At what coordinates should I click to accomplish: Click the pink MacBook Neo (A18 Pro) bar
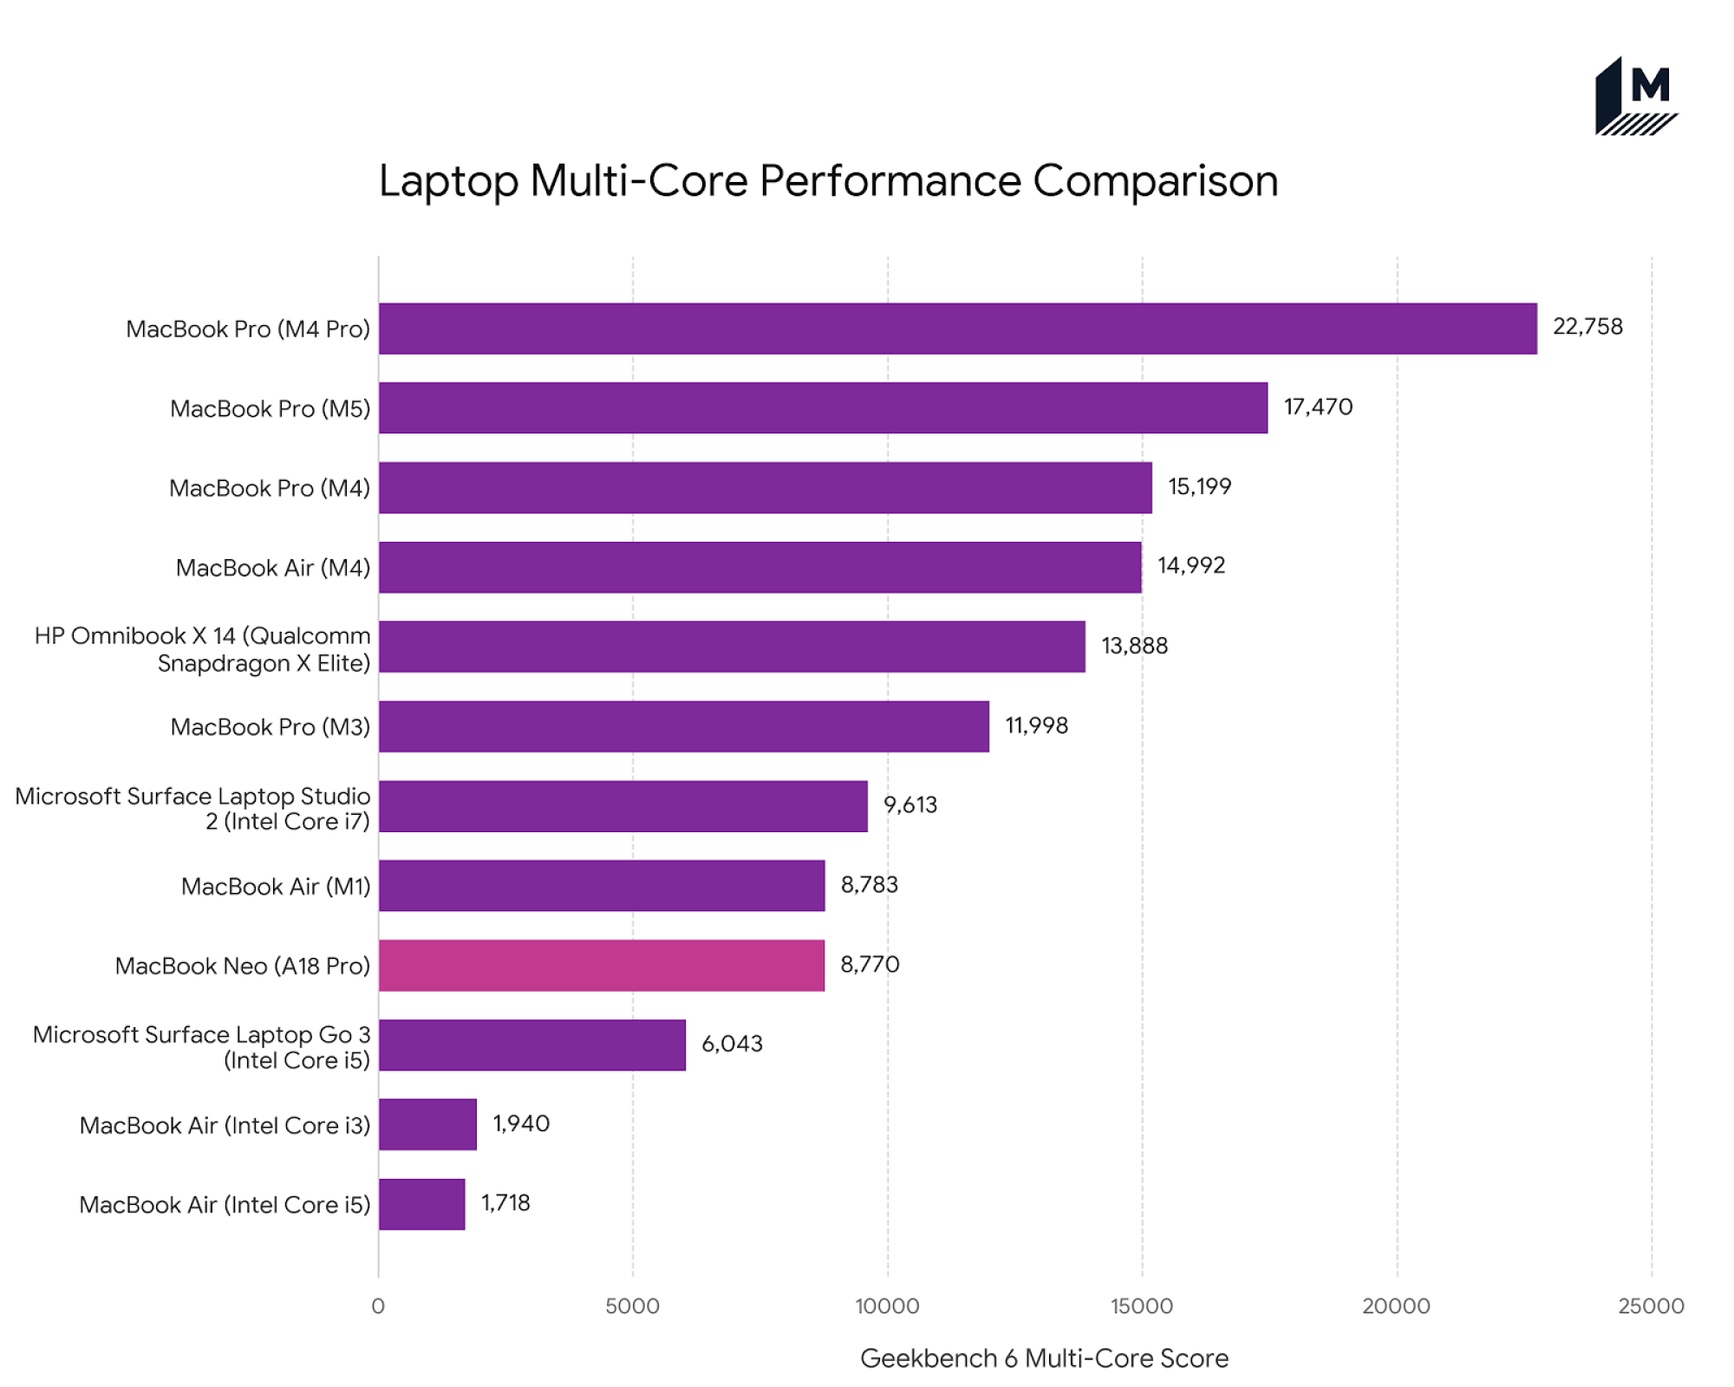(602, 965)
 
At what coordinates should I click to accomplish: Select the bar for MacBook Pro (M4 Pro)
(957, 329)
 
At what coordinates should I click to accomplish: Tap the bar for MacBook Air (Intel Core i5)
(421, 1203)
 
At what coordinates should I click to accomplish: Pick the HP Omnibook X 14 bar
(732, 646)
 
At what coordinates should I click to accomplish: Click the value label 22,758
(1587, 327)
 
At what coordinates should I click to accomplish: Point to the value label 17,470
(1317, 407)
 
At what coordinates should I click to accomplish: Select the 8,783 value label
(869, 884)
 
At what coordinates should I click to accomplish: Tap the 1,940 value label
(520, 1123)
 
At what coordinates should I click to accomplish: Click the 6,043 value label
(732, 1044)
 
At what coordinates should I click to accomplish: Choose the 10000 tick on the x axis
(886, 1306)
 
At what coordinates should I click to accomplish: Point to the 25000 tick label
(1650, 1306)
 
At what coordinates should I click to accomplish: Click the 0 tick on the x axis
(378, 1306)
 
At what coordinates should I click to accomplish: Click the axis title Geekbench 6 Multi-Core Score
(1043, 1358)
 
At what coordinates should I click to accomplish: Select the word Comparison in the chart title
(1155, 181)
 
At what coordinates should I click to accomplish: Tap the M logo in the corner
(1635, 97)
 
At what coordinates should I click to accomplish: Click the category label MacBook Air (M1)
(275, 886)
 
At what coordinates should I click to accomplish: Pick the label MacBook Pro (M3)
(270, 726)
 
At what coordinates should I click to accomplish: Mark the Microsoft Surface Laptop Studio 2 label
(192, 808)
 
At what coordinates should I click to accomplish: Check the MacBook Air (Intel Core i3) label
(225, 1125)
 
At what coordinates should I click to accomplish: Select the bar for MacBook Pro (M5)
(823, 407)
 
